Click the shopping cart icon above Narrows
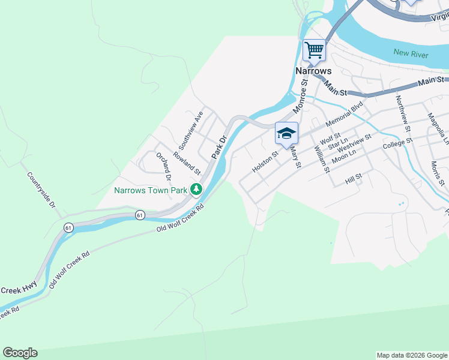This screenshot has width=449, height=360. coord(314,50)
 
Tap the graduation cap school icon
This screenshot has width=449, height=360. coord(286,133)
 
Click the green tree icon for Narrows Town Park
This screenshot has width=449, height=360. coord(196,190)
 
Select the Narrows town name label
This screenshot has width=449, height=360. coord(313,71)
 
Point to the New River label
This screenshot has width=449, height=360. coord(411,54)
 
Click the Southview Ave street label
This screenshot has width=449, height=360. coord(191,130)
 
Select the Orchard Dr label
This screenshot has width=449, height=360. coord(163,167)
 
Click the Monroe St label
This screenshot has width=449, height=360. coord(300,99)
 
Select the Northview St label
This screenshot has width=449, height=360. coord(402,113)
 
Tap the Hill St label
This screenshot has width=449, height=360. coord(354,178)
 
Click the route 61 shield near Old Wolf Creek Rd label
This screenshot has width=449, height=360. coord(140,215)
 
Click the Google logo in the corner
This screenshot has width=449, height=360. coord(20,353)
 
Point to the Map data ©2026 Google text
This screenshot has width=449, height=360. coord(411,355)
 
